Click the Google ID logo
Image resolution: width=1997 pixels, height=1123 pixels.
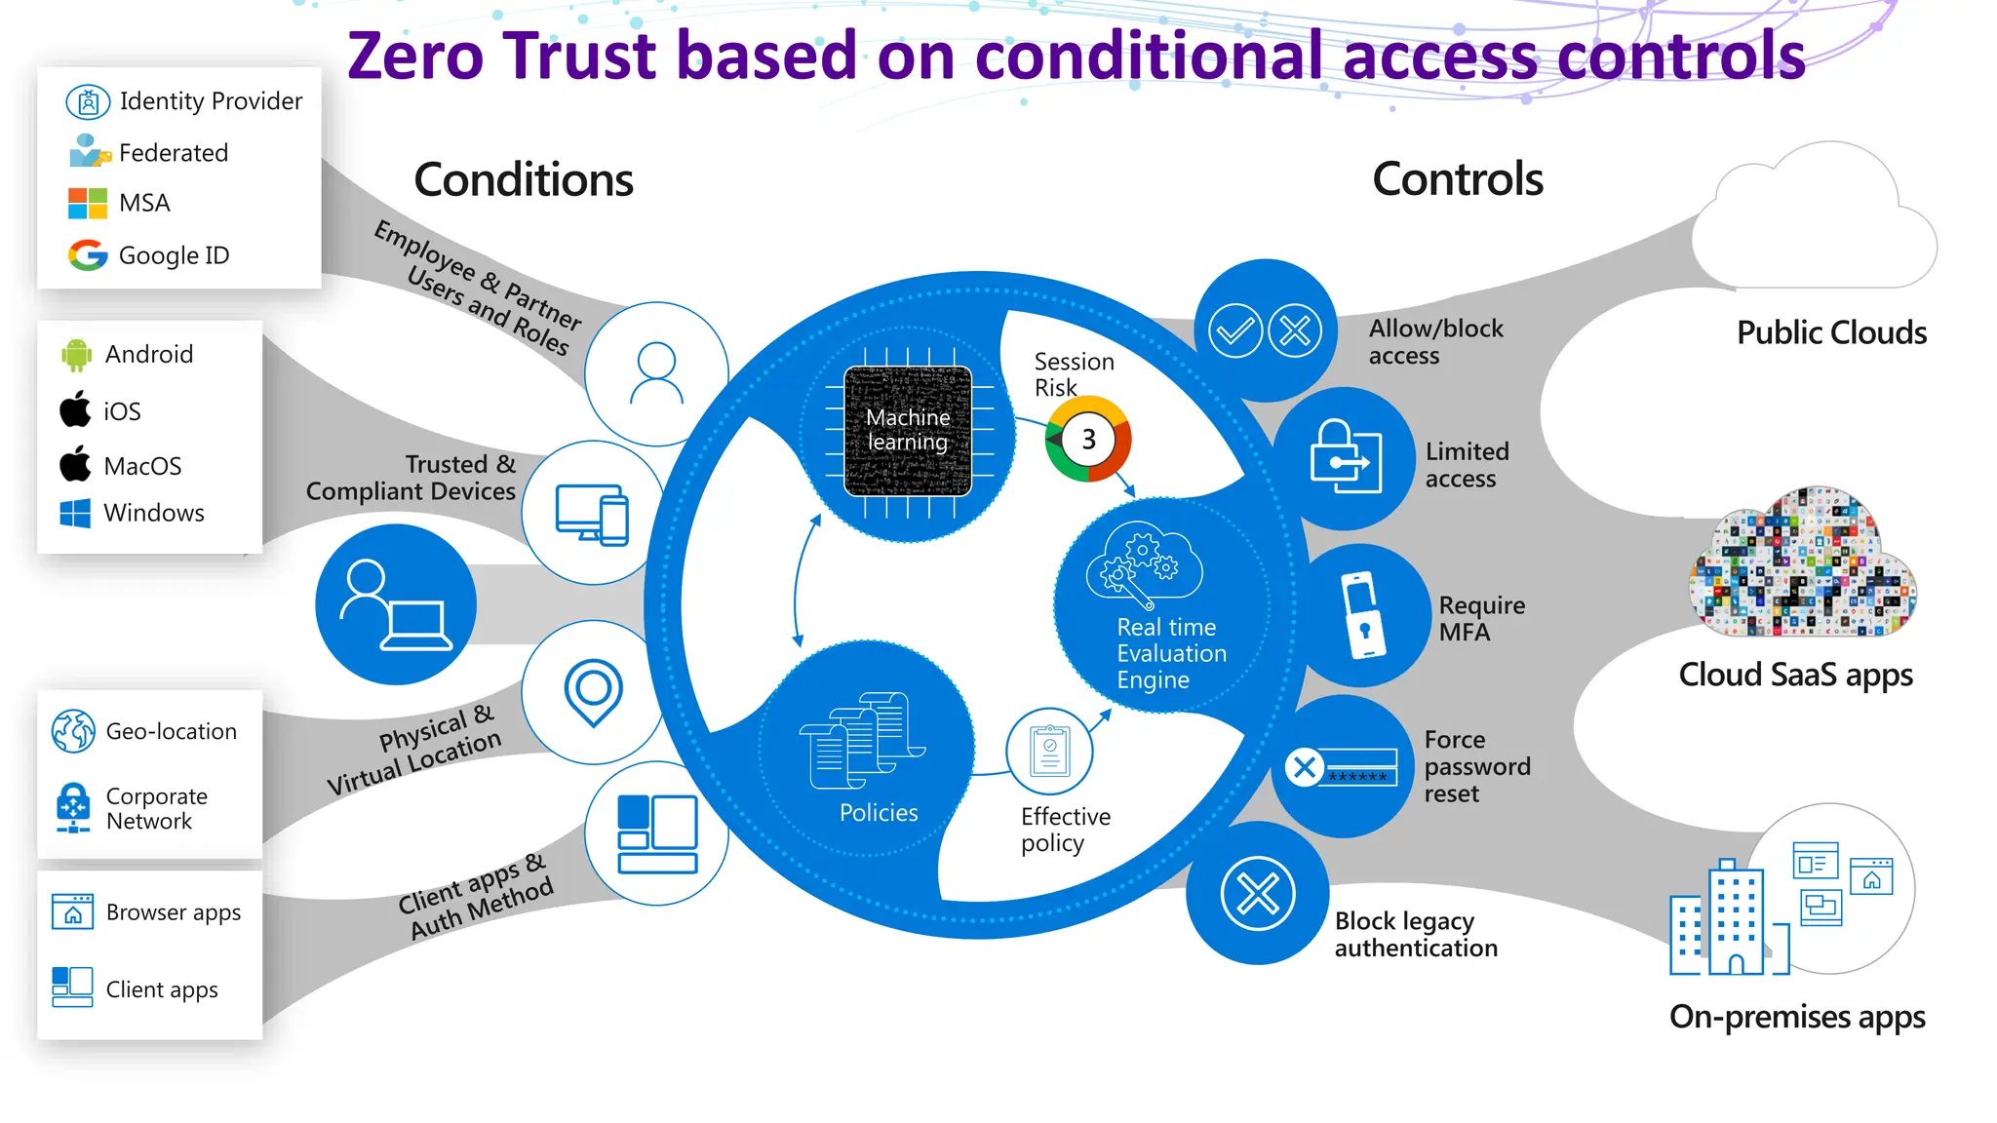88,255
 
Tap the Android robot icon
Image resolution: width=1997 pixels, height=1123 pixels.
76,355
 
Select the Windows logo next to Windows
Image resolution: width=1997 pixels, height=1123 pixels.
75,513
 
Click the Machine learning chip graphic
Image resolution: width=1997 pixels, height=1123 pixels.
908,430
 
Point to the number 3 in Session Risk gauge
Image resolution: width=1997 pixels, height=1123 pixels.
1088,440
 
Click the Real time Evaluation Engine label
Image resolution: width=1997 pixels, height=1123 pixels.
1170,653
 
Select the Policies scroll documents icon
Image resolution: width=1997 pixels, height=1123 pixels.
862,741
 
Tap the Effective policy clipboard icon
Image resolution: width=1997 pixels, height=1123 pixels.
1050,752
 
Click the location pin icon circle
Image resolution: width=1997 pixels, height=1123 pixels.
593,691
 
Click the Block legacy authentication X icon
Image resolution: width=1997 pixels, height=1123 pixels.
1258,893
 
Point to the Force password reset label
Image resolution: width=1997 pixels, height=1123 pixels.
1476,766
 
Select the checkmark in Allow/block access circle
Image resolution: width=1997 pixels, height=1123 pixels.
1235,330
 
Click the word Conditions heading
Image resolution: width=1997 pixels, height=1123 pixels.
524,179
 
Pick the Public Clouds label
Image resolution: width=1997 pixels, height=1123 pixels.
1831,332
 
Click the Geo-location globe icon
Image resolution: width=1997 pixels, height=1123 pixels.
73,731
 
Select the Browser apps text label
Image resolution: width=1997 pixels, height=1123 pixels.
174,912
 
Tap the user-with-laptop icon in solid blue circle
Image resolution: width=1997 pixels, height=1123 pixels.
395,604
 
